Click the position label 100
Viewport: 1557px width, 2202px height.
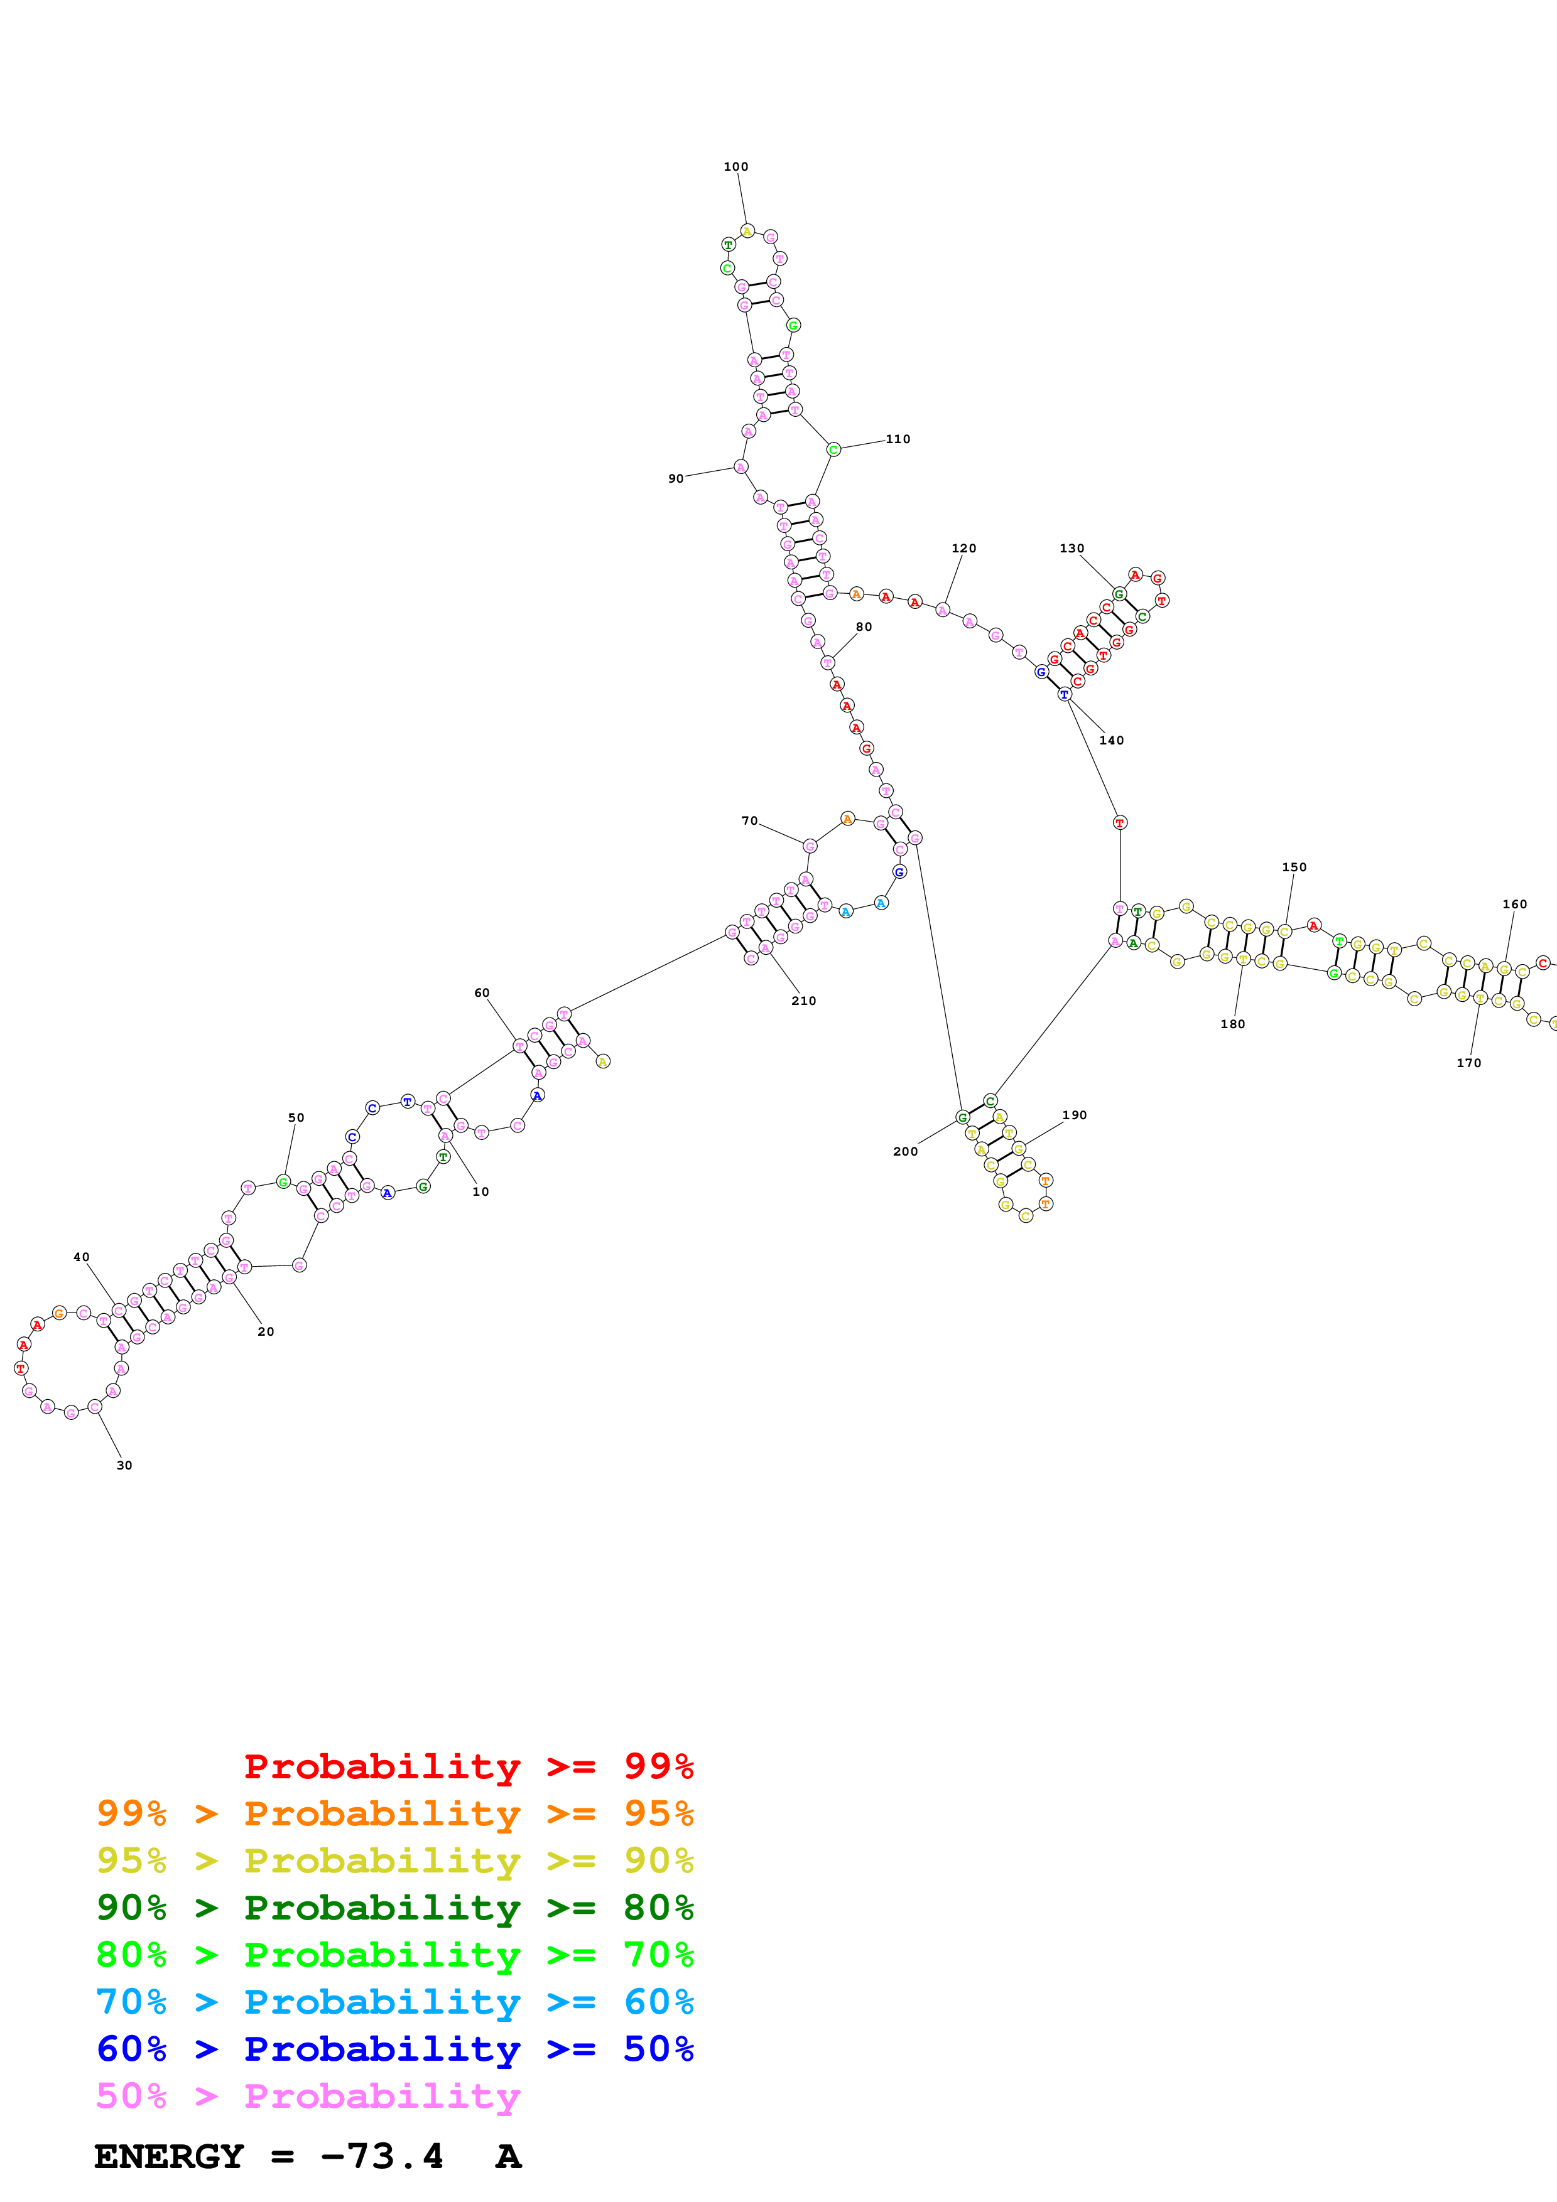click(736, 167)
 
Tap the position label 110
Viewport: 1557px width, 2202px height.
click(898, 439)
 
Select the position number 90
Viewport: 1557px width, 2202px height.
click(676, 478)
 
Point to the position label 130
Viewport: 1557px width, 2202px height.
click(1071, 549)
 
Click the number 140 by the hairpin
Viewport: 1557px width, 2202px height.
click(1112, 741)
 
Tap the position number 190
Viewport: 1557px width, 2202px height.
click(1075, 1115)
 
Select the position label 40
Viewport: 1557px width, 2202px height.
click(82, 1257)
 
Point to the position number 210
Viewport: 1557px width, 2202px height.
click(804, 1001)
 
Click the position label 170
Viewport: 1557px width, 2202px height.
click(1468, 1063)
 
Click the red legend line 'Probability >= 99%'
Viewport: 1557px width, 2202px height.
click(468, 1766)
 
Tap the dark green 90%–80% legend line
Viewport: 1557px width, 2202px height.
click(394, 1908)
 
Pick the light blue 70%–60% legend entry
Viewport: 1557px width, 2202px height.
click(394, 2002)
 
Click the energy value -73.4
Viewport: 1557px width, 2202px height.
click(382, 2157)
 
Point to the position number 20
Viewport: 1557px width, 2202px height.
click(266, 1332)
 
